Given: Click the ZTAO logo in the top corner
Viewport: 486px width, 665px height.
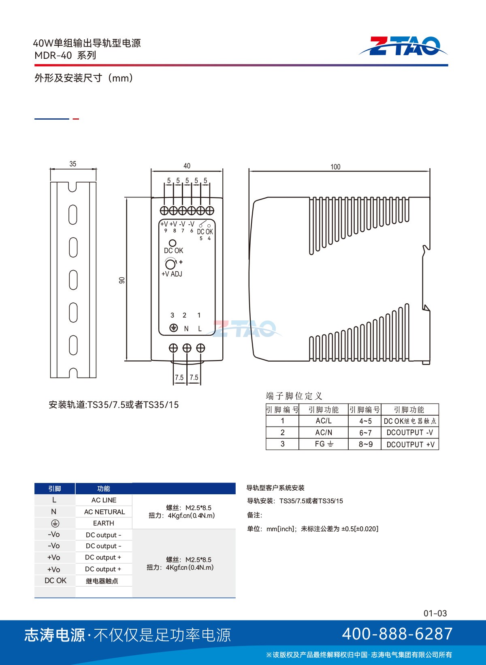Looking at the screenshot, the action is [x=403, y=46].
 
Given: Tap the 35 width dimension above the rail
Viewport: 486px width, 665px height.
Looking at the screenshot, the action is [x=72, y=164].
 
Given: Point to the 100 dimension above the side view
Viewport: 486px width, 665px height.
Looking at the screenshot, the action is [x=335, y=167].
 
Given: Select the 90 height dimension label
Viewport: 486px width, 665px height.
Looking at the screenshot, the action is [x=122, y=280].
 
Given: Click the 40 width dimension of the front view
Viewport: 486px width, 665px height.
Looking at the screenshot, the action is [x=187, y=166].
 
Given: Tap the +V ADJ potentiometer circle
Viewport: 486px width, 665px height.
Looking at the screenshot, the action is [x=170, y=264].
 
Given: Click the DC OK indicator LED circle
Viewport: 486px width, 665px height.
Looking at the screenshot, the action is [x=172, y=243].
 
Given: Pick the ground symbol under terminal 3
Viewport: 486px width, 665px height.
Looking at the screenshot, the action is [x=173, y=328].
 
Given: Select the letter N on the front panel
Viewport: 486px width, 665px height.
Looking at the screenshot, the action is [x=186, y=328].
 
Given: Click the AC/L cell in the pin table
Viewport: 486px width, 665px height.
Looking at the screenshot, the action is [x=324, y=421].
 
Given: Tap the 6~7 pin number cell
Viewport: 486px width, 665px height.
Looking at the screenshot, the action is [x=365, y=433].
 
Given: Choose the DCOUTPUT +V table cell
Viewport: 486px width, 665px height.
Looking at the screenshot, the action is [x=410, y=444].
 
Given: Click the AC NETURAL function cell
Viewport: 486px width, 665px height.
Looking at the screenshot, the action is [x=104, y=512].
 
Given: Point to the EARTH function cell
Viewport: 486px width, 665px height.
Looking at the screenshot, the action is [x=104, y=523].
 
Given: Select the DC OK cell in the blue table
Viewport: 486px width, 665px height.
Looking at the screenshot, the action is [x=55, y=581].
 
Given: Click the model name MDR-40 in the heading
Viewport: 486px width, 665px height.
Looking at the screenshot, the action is [x=53, y=55].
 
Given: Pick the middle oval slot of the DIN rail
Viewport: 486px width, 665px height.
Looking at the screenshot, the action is [x=73, y=280].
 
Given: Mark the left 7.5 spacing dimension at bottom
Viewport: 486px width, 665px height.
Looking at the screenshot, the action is [x=179, y=378].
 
